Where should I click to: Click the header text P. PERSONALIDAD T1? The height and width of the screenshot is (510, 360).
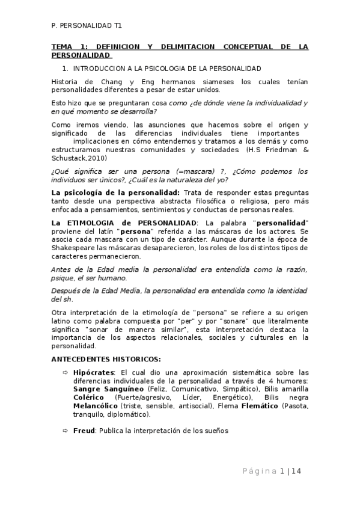[x=86, y=26]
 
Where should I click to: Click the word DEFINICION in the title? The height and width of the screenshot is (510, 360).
[x=118, y=46]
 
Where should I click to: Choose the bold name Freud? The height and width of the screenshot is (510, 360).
[x=84, y=431]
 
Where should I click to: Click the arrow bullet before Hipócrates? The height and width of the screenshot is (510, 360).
[x=66, y=372]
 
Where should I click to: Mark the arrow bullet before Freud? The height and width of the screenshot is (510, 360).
[x=66, y=431]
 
